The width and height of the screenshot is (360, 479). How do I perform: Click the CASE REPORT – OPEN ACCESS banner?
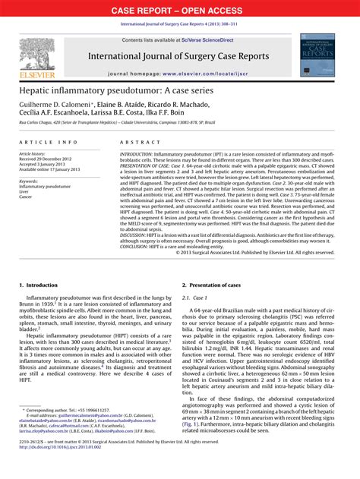[180, 10]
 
